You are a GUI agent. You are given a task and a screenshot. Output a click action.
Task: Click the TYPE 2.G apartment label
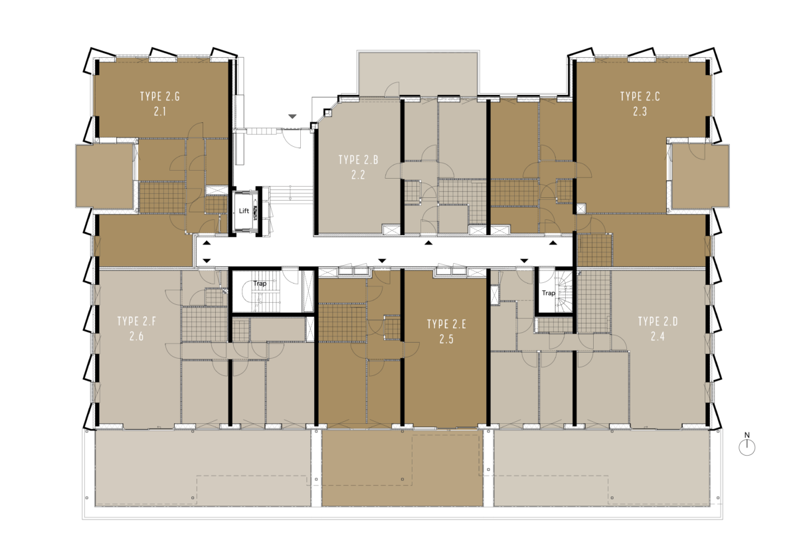click(160, 96)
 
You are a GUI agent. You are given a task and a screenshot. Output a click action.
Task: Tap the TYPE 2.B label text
click(358, 160)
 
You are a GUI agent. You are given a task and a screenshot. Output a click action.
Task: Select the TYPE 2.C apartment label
click(640, 96)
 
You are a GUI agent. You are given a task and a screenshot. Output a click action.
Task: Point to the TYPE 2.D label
click(658, 322)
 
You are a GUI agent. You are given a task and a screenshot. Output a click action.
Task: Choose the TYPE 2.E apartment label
click(446, 324)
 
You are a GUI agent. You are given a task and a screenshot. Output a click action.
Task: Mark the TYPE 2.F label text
click(137, 322)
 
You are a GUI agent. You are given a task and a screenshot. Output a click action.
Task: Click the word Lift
click(244, 211)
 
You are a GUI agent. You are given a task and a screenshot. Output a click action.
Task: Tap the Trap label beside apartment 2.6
click(260, 284)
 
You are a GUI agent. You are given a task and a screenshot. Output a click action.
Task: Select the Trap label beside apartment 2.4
click(549, 293)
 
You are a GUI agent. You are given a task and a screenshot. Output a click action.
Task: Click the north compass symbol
click(747, 444)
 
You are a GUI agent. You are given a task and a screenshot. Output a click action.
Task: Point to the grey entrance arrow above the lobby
click(292, 116)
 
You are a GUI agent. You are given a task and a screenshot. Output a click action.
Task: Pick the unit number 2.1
click(160, 112)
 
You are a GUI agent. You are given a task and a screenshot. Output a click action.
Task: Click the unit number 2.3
click(640, 112)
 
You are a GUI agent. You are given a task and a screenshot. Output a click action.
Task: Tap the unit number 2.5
click(446, 339)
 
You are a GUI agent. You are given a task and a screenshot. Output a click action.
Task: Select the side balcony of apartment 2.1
click(104, 176)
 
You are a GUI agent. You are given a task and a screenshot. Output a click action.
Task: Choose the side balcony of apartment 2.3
click(700, 176)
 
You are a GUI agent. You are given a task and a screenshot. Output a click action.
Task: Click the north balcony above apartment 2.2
click(418, 74)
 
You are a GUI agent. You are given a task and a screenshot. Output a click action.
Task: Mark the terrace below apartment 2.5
click(402, 468)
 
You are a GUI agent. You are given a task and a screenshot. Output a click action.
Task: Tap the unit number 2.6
click(137, 336)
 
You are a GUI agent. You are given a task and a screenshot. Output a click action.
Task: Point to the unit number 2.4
click(658, 336)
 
